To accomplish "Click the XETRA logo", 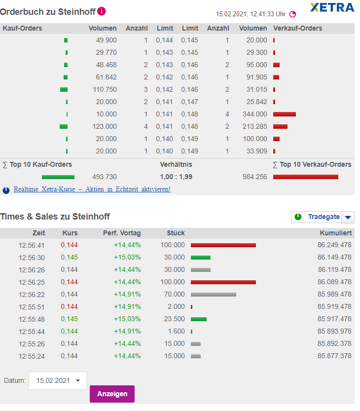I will point(332,7).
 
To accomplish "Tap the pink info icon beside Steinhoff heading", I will point(102,11).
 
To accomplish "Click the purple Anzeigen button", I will point(112,394).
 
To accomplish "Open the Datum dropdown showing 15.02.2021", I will point(58,380).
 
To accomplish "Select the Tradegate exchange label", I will point(324,217).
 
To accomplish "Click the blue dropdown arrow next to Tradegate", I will point(348,217).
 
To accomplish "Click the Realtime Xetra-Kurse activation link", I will point(92,189).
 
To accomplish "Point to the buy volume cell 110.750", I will point(105,89).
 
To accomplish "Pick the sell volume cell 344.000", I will point(254,114).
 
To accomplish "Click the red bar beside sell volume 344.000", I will point(284,114).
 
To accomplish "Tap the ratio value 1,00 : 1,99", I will point(176,177).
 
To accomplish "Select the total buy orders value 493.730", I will point(105,177).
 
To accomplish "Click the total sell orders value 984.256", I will point(254,177).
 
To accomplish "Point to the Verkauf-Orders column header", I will point(297,28).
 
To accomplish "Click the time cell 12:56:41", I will point(32,245).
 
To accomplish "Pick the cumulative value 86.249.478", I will point(334,245).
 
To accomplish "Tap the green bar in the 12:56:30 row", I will point(200,257).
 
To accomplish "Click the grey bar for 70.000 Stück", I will point(213,294).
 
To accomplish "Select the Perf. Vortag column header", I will point(121,233).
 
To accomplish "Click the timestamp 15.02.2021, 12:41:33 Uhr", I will point(251,14).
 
